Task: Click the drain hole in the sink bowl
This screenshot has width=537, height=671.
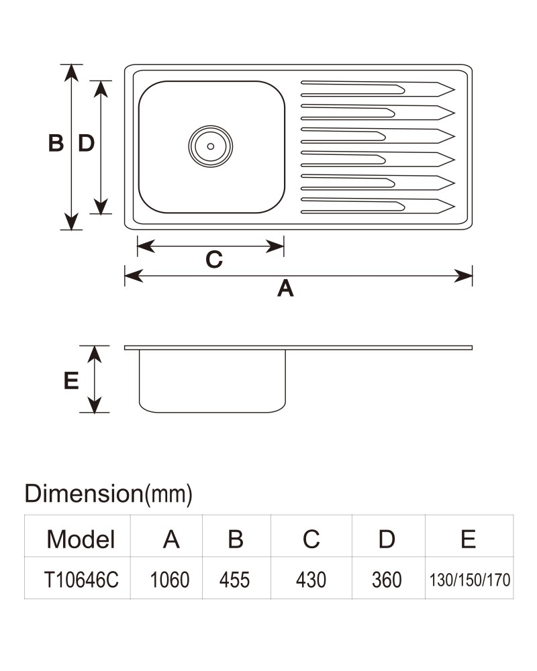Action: point(210,146)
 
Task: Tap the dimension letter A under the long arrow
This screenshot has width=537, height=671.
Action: point(286,288)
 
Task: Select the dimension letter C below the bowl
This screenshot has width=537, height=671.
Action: point(214,259)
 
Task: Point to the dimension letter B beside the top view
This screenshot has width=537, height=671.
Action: point(56,143)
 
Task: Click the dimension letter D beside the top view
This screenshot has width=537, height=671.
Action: point(86,143)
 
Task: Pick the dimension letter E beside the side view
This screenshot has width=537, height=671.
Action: point(71,380)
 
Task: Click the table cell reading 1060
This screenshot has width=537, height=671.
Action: point(170,580)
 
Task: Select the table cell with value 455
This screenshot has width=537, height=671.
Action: point(234,580)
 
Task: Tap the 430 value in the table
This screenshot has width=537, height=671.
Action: point(311,580)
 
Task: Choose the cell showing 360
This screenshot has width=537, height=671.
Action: point(387,580)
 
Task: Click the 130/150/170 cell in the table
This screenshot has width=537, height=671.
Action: point(470,580)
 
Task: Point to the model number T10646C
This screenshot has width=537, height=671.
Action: point(81,580)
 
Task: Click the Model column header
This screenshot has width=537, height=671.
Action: point(81,539)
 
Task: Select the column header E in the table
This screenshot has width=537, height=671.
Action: point(468,539)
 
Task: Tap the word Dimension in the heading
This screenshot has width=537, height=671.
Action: point(83,493)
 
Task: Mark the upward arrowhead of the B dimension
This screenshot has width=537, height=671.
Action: point(71,72)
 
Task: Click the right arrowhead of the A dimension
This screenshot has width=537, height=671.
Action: point(463,276)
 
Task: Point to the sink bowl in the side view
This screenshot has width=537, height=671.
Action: point(212,412)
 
